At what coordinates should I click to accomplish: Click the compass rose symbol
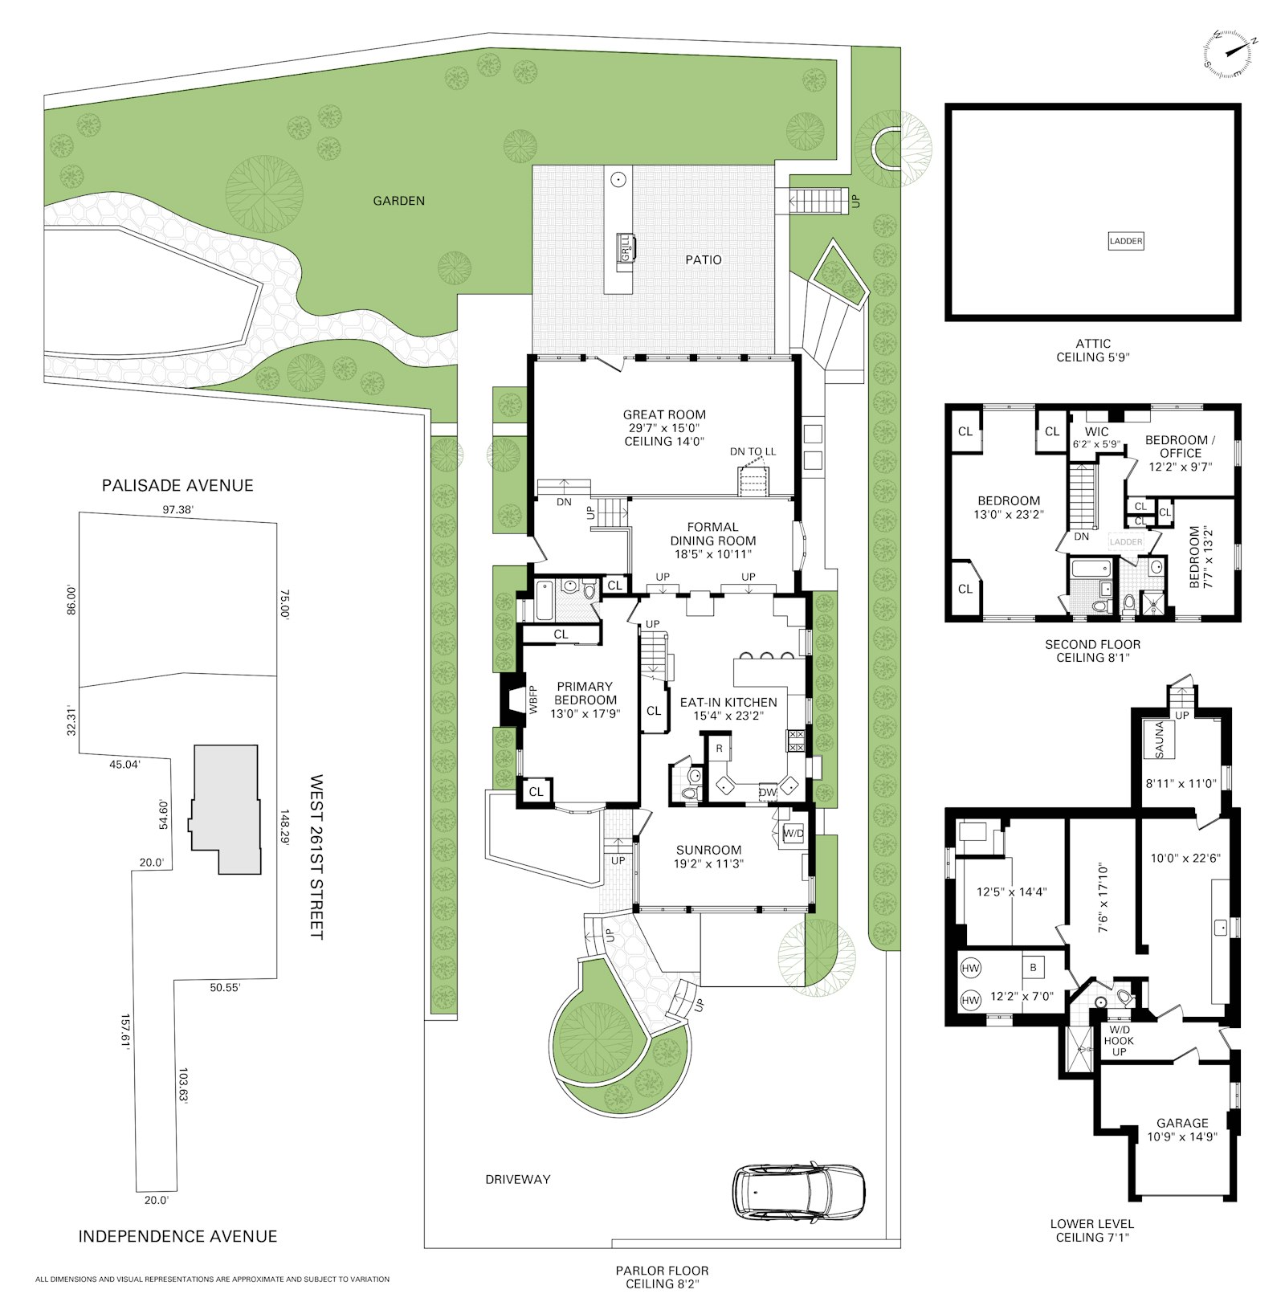1229,54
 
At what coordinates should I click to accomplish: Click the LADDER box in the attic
1125,241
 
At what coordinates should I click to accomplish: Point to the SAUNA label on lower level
1159,740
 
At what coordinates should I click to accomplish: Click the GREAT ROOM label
664,414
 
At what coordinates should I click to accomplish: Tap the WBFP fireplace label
532,699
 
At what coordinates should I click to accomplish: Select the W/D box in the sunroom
793,834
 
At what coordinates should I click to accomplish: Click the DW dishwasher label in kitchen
768,792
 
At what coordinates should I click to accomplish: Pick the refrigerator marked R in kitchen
719,749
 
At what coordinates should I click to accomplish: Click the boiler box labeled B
1033,968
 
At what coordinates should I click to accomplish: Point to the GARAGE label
1182,1123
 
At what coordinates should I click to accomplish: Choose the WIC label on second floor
1096,432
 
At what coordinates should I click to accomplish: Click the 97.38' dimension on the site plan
178,509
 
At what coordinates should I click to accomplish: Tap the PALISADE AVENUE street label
177,485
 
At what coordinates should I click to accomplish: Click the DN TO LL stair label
753,451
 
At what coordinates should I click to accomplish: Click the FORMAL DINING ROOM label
713,534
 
